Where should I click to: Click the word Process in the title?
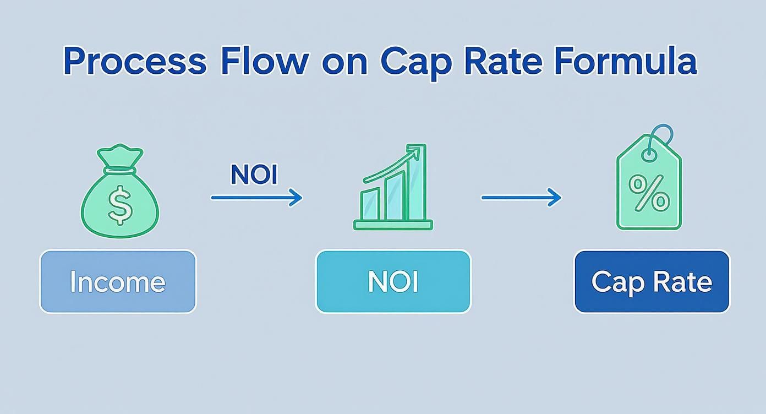point(135,62)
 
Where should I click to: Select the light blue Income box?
point(118,282)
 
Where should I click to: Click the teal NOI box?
point(393,282)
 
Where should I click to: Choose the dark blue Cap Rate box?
point(652,282)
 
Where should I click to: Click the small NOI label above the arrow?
point(254,175)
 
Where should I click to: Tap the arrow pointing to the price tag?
point(521,197)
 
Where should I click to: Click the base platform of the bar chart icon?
point(393,225)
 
